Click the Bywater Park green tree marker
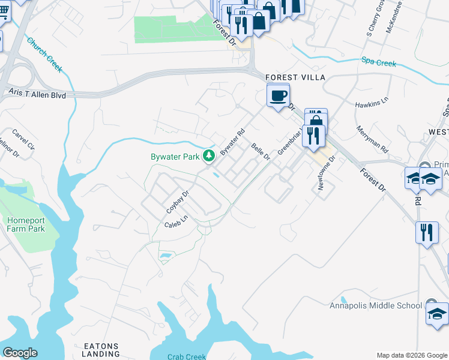pyautogui.click(x=209, y=157)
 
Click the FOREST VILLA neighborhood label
pyautogui.click(x=295, y=78)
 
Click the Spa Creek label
pyautogui.click(x=378, y=61)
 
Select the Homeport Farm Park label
pyautogui.click(x=25, y=224)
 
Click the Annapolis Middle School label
pyautogui.click(x=376, y=305)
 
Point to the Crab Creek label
pyautogui.click(x=187, y=356)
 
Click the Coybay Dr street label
pyautogui.click(x=177, y=203)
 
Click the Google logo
pyautogui.click(x=20, y=352)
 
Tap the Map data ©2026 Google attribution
pyautogui.click(x=412, y=355)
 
